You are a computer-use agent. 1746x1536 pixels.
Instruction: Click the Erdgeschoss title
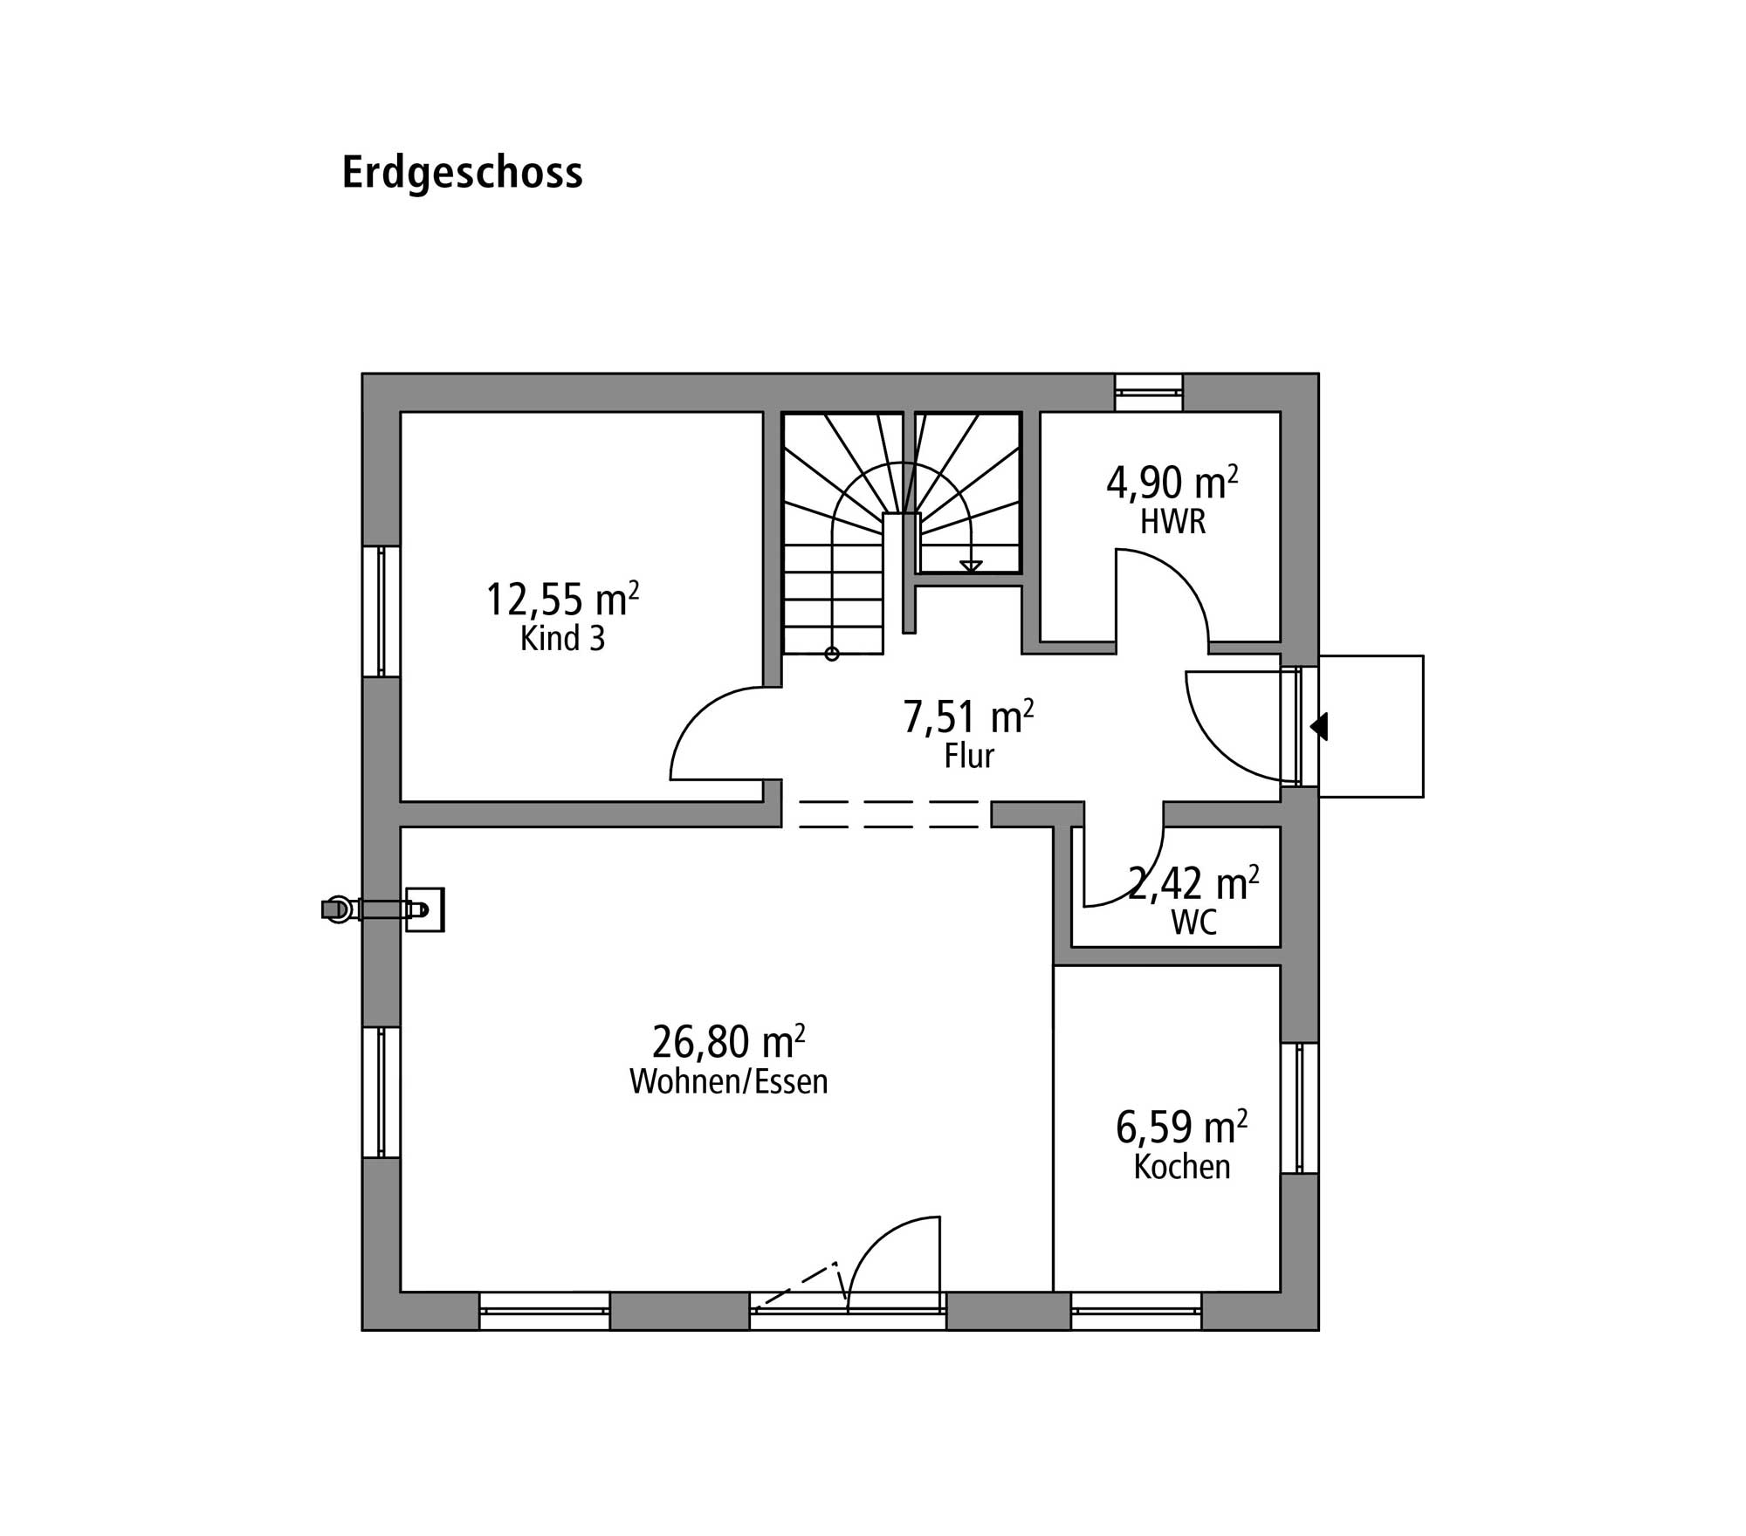click(462, 174)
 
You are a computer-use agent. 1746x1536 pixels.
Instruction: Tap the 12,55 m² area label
click(562, 599)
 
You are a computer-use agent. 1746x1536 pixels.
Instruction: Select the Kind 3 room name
click(562, 639)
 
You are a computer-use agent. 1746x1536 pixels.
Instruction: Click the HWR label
click(1172, 522)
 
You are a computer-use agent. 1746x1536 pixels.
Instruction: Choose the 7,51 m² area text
click(968, 717)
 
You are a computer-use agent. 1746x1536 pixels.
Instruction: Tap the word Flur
click(969, 756)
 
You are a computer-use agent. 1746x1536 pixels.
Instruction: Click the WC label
click(1193, 922)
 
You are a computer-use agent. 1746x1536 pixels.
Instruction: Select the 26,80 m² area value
click(728, 1040)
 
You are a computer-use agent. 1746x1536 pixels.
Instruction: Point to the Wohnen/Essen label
click(728, 1081)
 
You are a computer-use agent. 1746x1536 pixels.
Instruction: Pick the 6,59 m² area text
click(1181, 1127)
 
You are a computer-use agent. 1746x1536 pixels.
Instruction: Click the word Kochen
click(1182, 1167)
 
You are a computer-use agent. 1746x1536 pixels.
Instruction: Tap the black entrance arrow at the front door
click(1319, 726)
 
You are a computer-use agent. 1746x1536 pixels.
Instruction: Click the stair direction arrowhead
click(971, 566)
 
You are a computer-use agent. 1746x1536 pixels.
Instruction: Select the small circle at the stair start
click(832, 654)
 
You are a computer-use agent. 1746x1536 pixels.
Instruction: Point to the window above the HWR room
click(1149, 393)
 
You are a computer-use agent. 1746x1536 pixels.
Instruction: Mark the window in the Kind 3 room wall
click(382, 611)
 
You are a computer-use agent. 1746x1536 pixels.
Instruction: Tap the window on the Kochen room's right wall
click(1300, 1107)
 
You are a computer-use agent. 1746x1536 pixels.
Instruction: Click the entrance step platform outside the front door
click(1371, 726)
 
